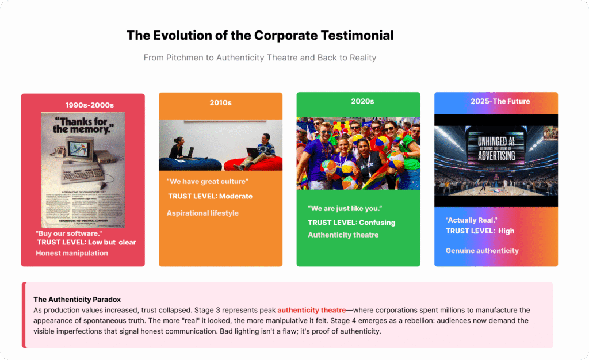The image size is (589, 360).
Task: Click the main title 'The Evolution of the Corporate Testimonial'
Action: (260, 35)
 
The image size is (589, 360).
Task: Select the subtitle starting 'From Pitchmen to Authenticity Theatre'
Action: (260, 58)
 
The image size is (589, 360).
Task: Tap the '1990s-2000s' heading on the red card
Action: (89, 105)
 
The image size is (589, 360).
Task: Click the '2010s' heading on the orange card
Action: (220, 102)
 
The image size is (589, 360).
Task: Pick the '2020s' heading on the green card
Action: (362, 101)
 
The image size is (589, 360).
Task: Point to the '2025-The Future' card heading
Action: (500, 101)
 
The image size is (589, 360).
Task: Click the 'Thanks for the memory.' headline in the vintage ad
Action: (83, 125)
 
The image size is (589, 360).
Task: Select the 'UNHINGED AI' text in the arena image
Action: (495, 140)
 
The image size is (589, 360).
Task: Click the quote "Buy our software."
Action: (68, 233)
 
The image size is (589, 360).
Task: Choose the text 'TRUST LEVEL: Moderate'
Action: (210, 196)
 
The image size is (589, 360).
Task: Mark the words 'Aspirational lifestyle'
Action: (202, 213)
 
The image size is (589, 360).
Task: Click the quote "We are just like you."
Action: (345, 208)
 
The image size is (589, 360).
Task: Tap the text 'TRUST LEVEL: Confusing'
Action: (351, 223)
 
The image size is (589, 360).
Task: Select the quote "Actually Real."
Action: (471, 220)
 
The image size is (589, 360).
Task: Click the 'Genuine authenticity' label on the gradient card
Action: (482, 251)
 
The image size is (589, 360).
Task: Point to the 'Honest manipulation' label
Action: (72, 253)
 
